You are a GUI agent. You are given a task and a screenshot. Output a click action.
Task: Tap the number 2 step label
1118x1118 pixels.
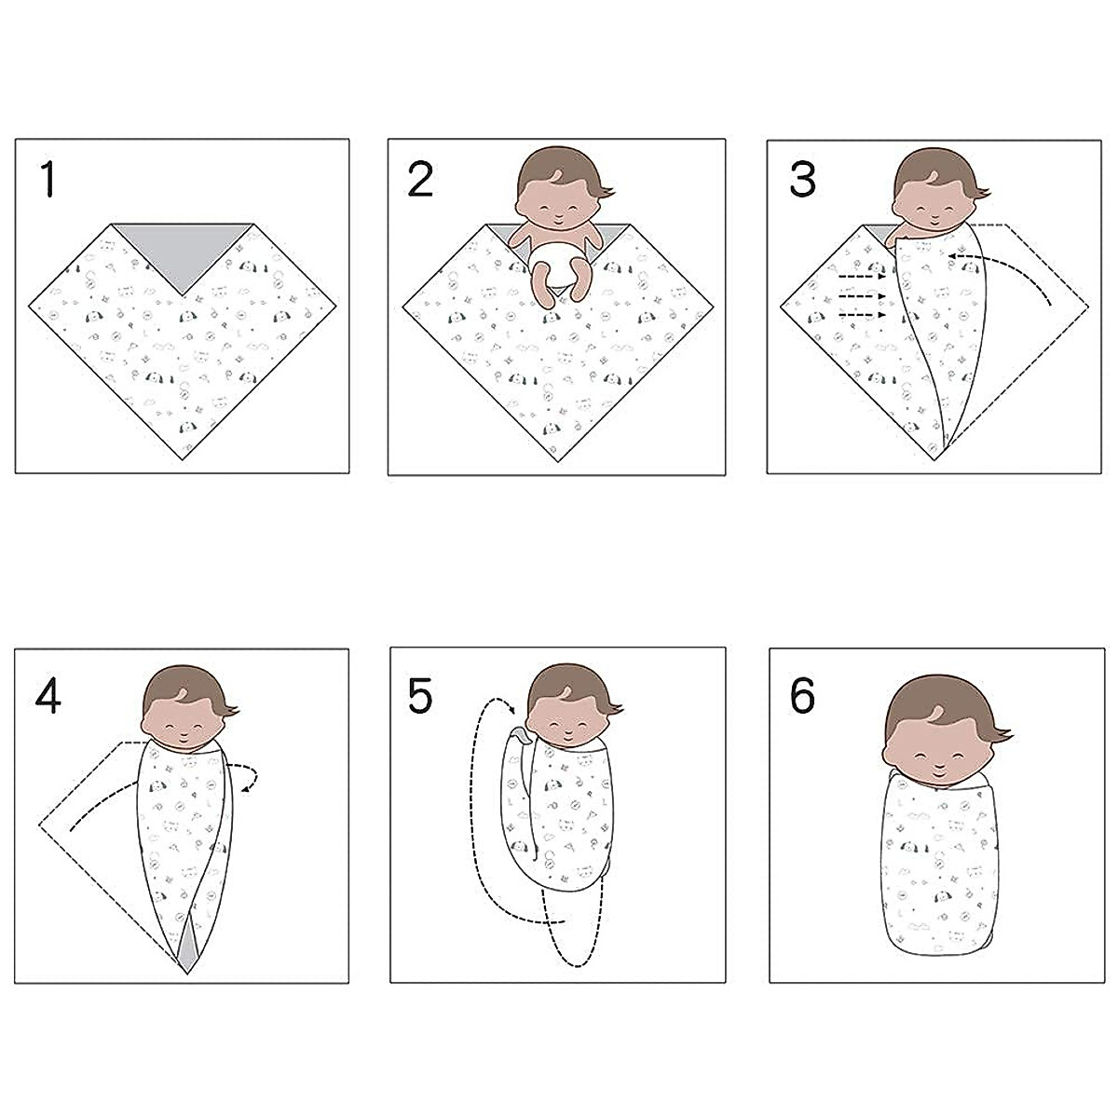coord(421,178)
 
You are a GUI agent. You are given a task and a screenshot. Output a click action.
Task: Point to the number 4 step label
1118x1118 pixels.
coord(48,695)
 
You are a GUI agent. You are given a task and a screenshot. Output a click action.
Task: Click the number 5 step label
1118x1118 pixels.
coord(420,695)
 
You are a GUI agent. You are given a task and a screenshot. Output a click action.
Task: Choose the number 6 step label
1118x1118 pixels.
coord(802,695)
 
